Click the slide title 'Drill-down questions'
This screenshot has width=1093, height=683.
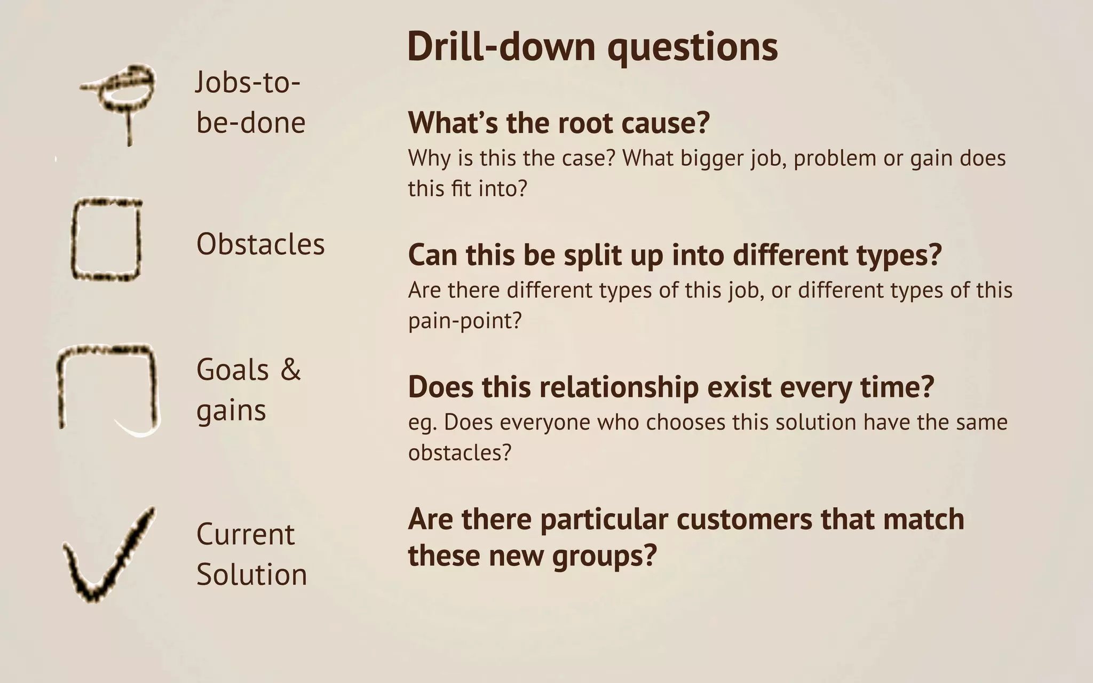pos(592,47)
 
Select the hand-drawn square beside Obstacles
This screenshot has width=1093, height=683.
pos(106,240)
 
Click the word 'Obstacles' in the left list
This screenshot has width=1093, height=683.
pos(260,244)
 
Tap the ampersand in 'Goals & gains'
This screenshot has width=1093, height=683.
pos(290,369)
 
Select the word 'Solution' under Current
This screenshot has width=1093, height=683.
pos(251,575)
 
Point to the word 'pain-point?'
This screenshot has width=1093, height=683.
pos(464,321)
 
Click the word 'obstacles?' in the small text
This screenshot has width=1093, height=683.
pos(460,452)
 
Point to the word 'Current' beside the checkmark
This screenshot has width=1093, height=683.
pos(245,534)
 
